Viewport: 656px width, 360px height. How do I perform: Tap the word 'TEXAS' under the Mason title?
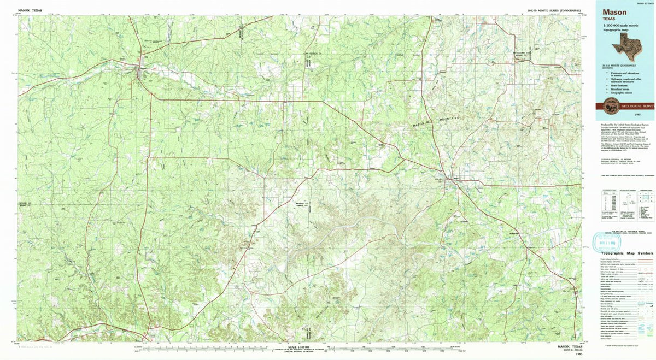click(610, 19)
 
